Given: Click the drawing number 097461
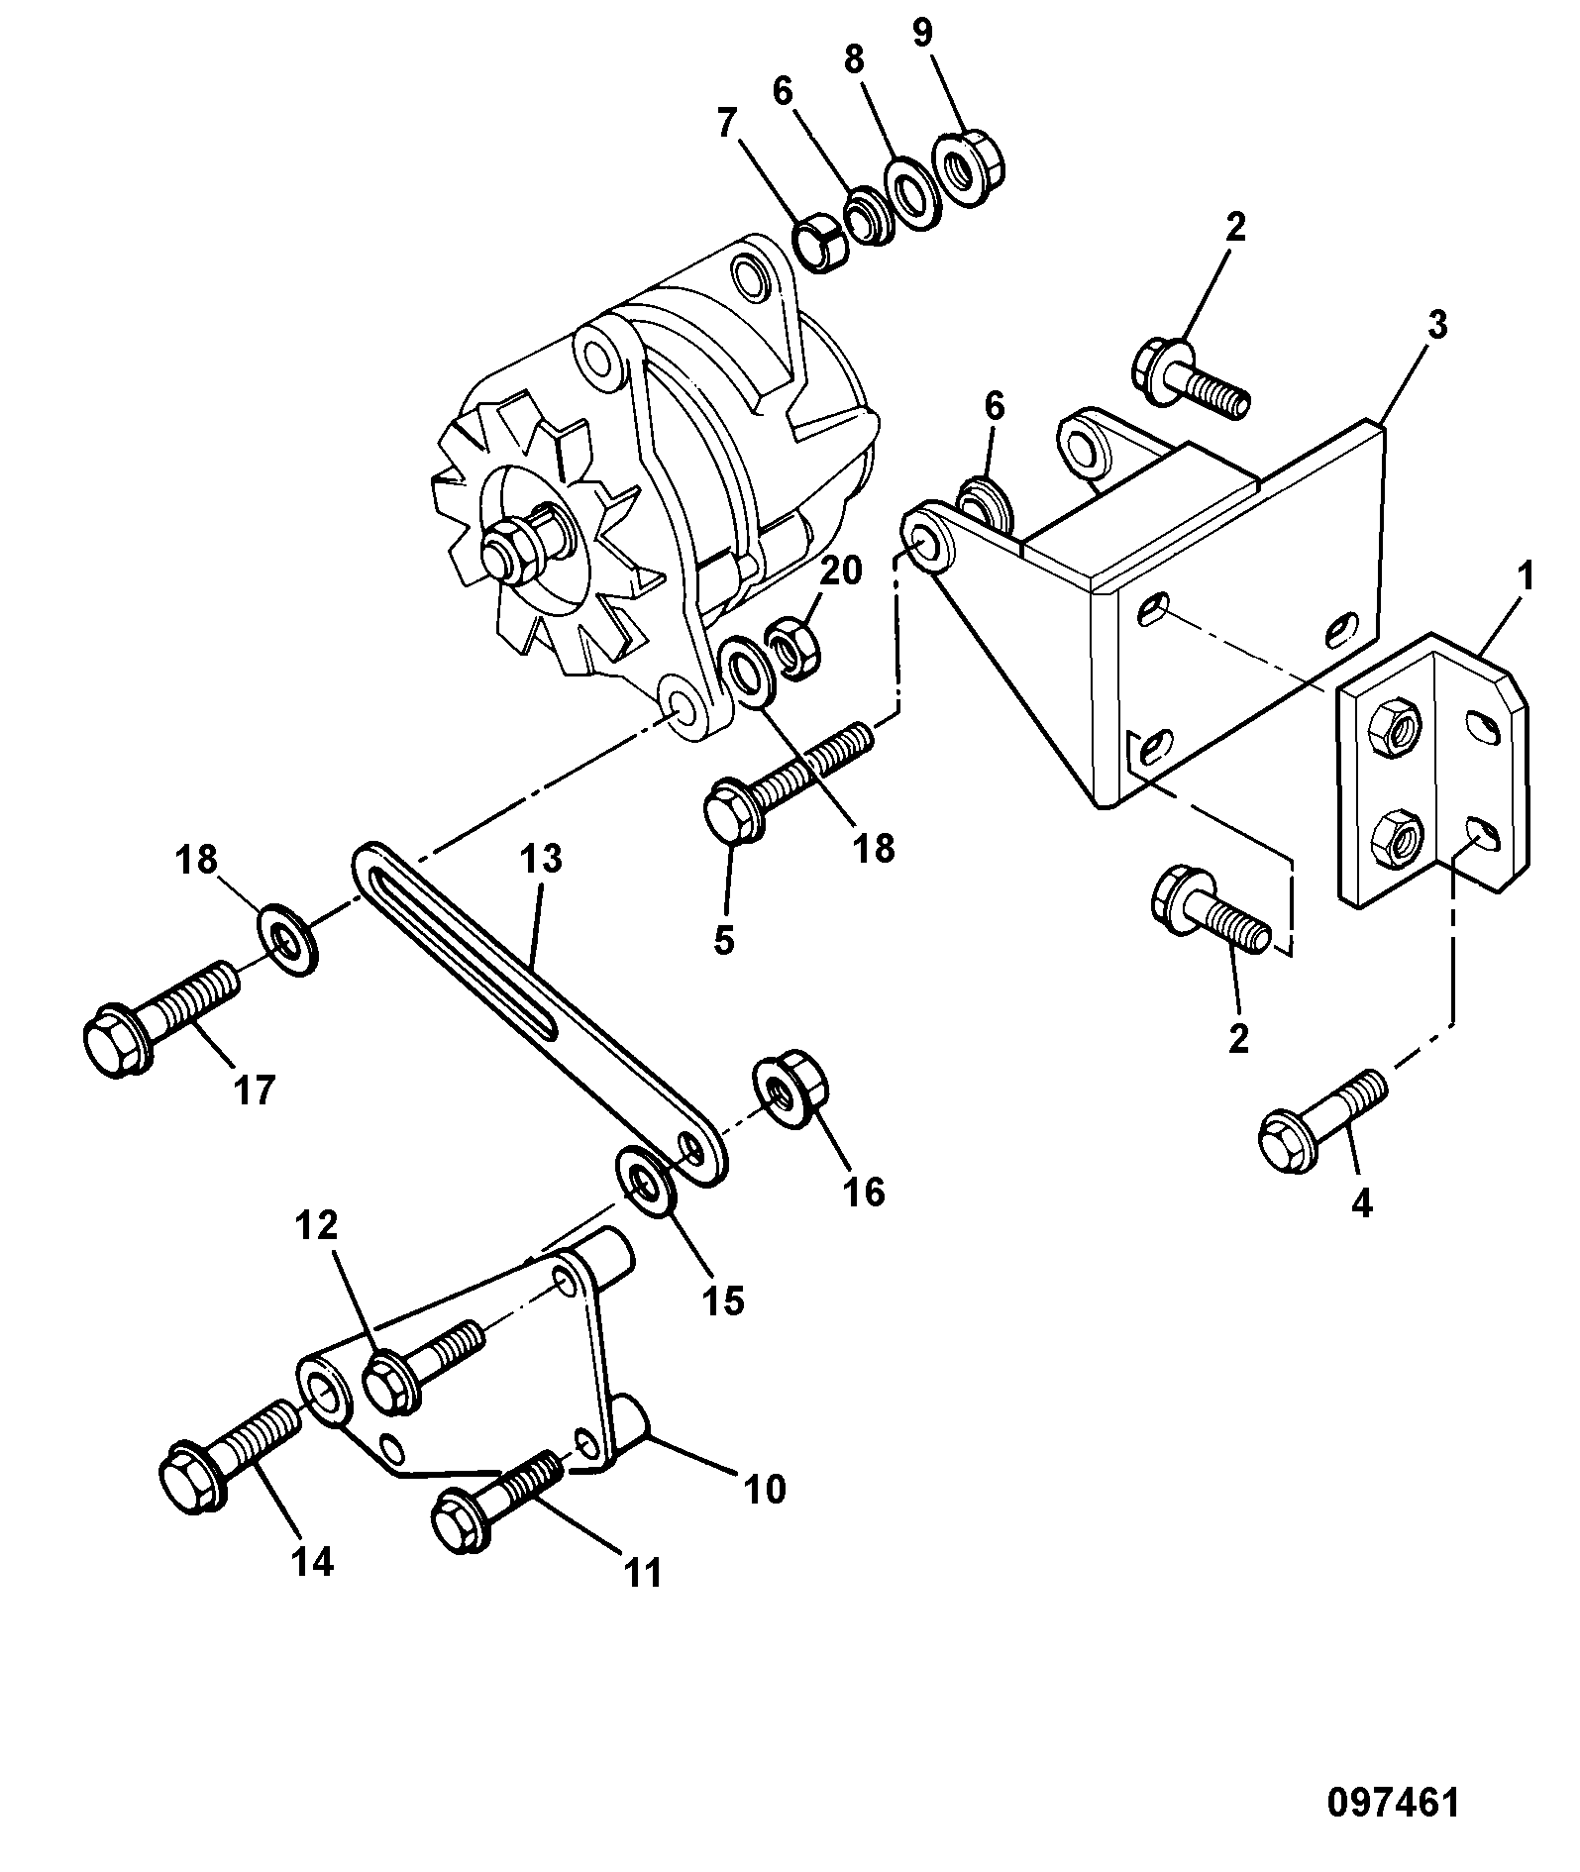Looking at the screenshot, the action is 1393,1803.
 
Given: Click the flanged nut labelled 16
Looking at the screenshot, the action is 790,1092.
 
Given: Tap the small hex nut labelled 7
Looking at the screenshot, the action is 821,247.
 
